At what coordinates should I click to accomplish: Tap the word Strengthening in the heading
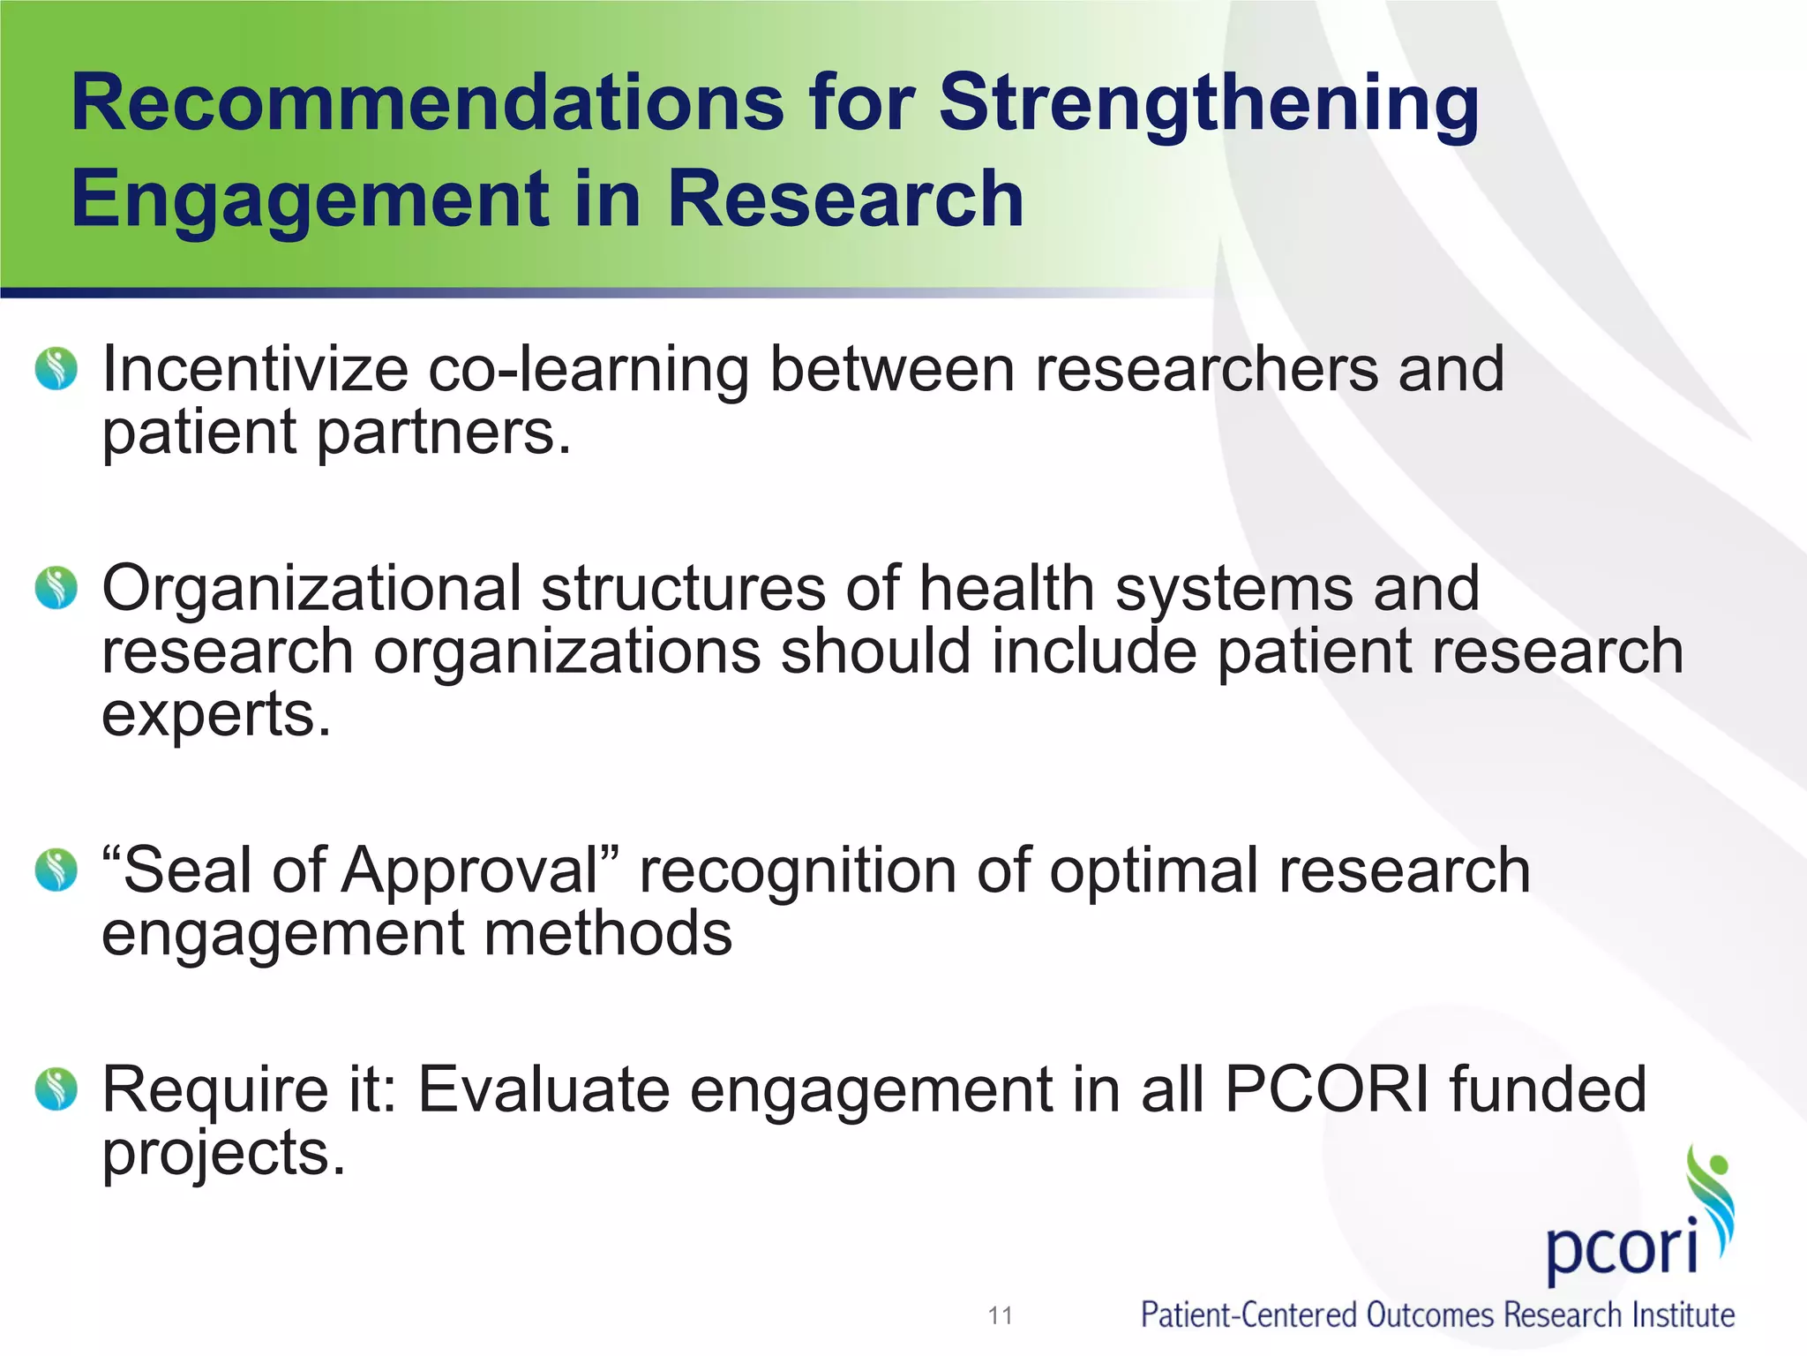pos(1209,103)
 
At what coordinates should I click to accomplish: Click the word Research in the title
pos(845,200)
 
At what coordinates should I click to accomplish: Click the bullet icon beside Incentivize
pos(56,368)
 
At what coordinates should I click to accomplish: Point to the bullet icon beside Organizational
pos(56,588)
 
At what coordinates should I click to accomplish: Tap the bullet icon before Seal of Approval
pos(56,870)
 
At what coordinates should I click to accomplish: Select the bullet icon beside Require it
pos(56,1089)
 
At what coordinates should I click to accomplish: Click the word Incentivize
pos(255,368)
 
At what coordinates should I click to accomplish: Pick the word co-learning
pos(589,368)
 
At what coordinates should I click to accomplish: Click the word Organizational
pos(311,588)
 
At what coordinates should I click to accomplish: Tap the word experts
pos(216,715)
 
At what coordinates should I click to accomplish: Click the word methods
pos(608,933)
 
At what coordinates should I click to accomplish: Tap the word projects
pos(223,1153)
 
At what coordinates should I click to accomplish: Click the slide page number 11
pos(1000,1315)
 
